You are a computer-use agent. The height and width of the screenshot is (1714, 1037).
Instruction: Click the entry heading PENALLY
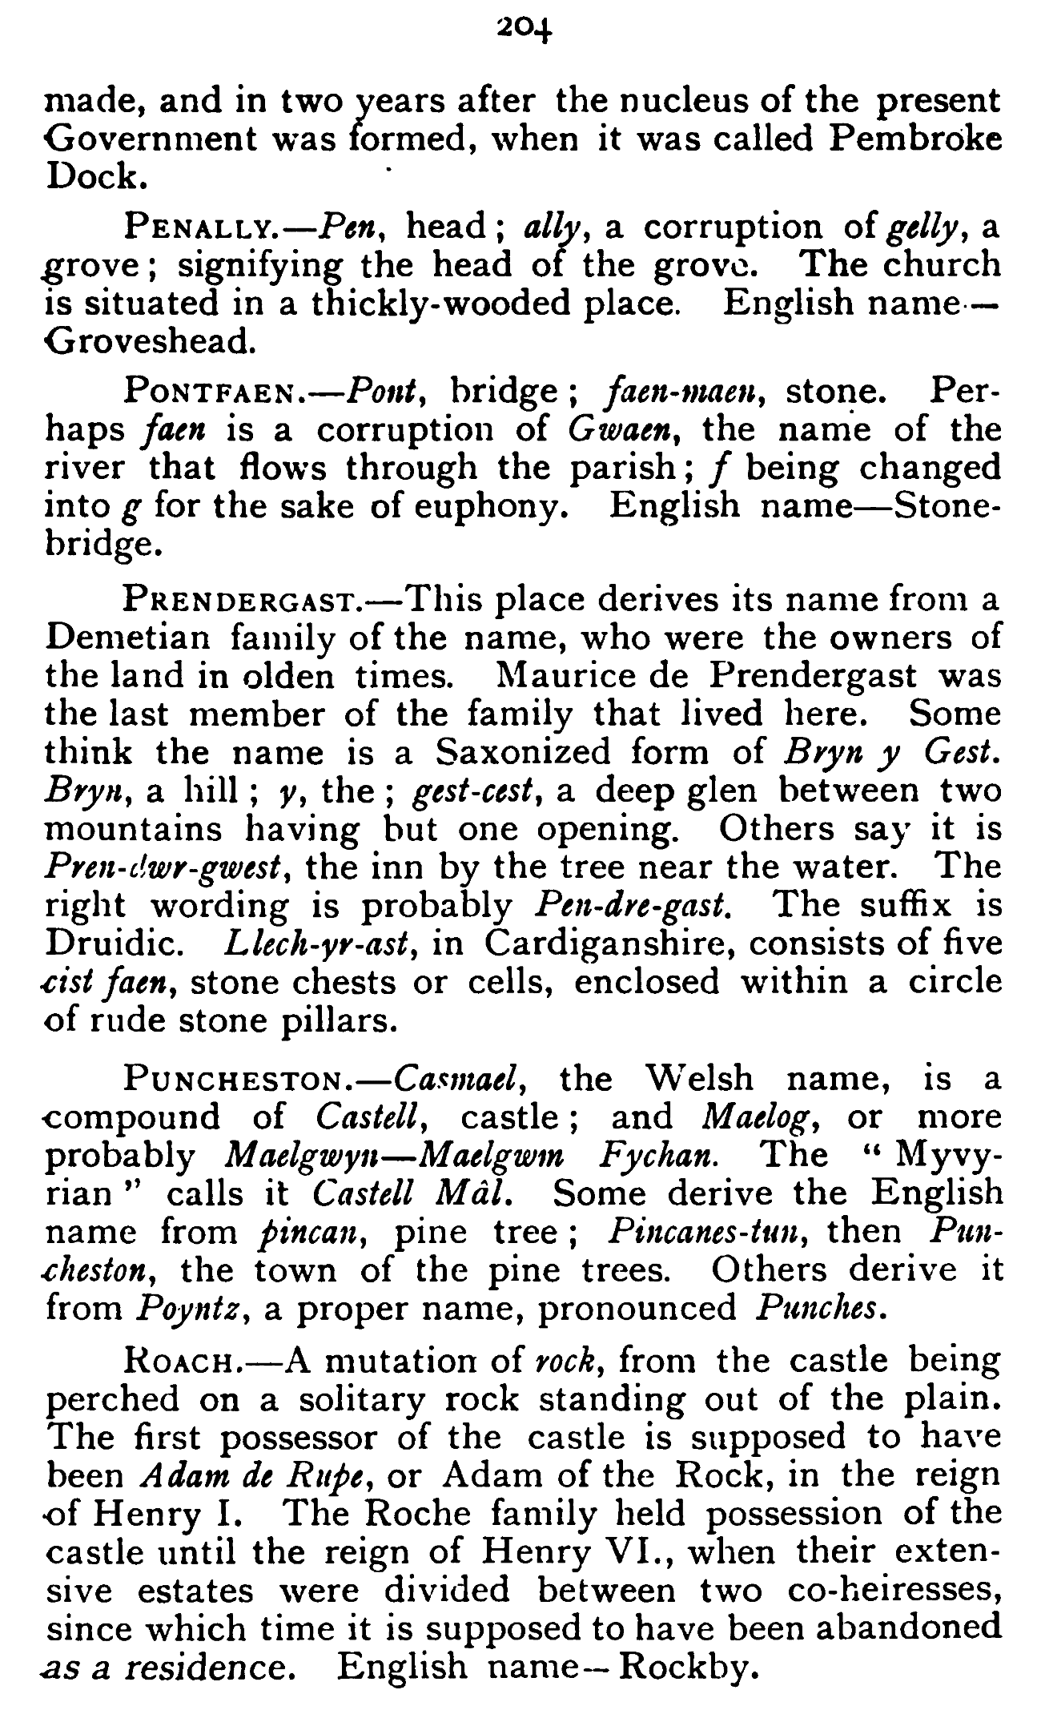tap(200, 229)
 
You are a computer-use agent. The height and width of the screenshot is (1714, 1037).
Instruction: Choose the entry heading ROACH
tap(177, 1362)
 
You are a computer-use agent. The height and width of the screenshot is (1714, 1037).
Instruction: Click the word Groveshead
tap(151, 343)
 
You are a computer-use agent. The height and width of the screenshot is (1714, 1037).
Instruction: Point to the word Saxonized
tap(524, 753)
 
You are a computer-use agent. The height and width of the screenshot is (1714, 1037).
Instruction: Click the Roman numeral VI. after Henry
tap(632, 1552)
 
